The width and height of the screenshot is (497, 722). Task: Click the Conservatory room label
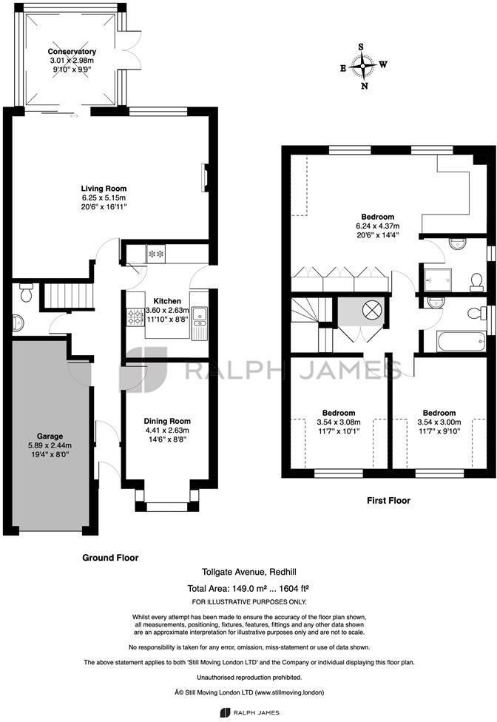(72, 51)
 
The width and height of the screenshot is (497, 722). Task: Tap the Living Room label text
(104, 189)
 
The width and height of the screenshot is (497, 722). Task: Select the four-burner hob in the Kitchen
(135, 319)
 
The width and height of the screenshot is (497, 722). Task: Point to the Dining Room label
(166, 420)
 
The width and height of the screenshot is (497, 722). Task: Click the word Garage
(50, 436)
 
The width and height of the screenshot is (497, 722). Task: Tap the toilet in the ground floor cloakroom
(26, 294)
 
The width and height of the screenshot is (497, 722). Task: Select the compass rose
(362, 66)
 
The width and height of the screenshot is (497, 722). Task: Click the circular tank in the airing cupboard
(371, 309)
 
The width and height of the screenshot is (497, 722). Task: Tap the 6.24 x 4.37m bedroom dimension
(377, 226)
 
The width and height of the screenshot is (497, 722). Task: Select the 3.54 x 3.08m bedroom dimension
(339, 422)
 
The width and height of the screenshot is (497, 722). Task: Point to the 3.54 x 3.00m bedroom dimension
(439, 422)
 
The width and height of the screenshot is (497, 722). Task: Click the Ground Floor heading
(110, 558)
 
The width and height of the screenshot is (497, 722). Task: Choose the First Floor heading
(389, 501)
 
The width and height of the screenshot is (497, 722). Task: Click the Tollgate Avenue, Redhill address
(248, 571)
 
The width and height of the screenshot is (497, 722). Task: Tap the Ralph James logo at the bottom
(248, 712)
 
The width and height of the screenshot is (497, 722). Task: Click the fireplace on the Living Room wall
(204, 177)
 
